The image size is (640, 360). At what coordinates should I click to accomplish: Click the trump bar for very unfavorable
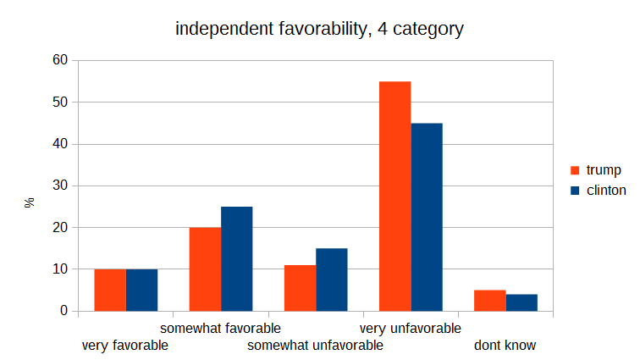[x=395, y=197]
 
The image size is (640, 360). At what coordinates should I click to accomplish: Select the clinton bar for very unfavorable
[x=427, y=217]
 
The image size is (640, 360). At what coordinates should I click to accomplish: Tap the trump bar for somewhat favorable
[x=205, y=269]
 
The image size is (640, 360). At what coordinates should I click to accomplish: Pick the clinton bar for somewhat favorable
[x=237, y=259]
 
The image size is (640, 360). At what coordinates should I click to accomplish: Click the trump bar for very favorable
[x=110, y=290]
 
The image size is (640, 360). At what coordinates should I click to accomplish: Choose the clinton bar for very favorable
[x=142, y=290]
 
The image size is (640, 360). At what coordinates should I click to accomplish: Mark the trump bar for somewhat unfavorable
[x=300, y=288]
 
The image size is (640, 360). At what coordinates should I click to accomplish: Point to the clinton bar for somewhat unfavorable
[x=332, y=280]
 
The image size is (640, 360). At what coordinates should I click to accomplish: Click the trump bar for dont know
[x=489, y=301]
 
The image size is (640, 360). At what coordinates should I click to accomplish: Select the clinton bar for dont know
[x=521, y=302]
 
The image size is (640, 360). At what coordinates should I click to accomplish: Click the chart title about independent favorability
[x=319, y=29]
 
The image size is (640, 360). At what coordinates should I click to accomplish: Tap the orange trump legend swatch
[x=573, y=170]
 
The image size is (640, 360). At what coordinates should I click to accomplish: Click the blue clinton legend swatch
[x=573, y=191]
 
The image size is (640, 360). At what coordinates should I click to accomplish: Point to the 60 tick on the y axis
[x=59, y=61]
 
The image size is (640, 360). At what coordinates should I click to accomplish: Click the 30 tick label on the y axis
[x=59, y=186]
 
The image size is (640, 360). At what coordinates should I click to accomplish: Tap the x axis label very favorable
[x=124, y=346]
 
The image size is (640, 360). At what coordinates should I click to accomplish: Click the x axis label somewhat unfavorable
[x=315, y=346]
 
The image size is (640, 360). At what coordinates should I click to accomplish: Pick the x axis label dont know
[x=505, y=346]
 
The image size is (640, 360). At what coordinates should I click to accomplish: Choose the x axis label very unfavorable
[x=411, y=328]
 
